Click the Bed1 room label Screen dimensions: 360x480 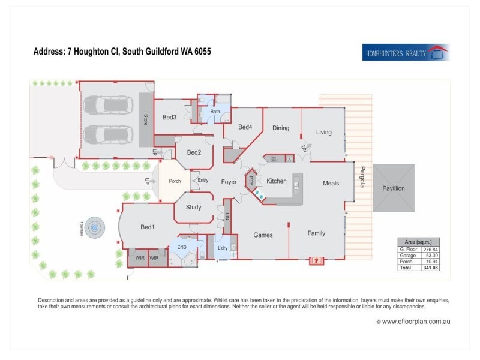(x=148, y=227)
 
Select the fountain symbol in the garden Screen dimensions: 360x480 (x=94, y=227)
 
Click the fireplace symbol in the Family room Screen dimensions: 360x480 (x=317, y=260)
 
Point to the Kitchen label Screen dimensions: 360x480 (x=277, y=181)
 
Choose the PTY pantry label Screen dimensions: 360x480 (x=251, y=181)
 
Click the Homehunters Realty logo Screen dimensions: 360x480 (x=406, y=53)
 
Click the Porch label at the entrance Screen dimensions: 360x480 (x=175, y=181)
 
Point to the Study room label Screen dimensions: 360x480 (x=193, y=208)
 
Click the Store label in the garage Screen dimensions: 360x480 (x=145, y=119)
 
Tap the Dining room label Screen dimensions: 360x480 (x=281, y=128)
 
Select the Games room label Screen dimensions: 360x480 (x=263, y=235)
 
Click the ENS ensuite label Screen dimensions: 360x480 (x=181, y=247)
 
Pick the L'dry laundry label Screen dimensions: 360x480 (x=222, y=248)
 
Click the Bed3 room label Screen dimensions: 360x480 (x=169, y=117)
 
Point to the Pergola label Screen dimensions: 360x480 (x=362, y=177)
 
